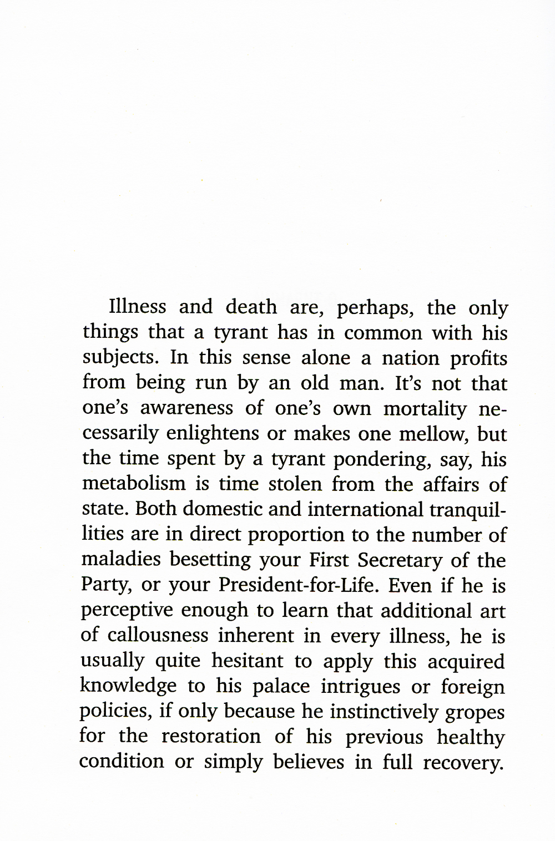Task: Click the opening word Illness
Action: click(138, 307)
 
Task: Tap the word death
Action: click(251, 307)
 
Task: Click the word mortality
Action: click(425, 408)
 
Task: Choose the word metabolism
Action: click(134, 484)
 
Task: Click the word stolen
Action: click(295, 484)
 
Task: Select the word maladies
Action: click(121, 559)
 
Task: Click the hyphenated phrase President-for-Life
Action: click(297, 585)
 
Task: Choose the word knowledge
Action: click(128, 686)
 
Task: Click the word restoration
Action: click(211, 737)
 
